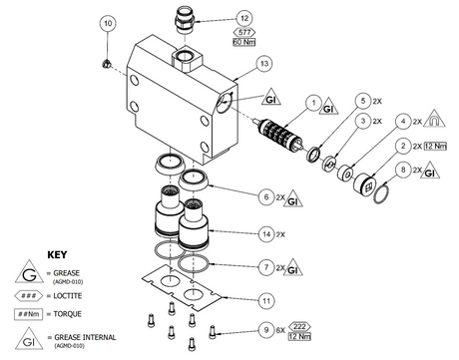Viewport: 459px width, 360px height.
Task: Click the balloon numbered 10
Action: pos(109,23)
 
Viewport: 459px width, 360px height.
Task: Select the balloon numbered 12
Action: pos(242,18)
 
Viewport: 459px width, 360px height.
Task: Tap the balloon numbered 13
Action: pos(263,63)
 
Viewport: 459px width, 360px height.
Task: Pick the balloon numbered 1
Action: pos(312,102)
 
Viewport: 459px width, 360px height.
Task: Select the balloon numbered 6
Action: pos(264,197)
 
